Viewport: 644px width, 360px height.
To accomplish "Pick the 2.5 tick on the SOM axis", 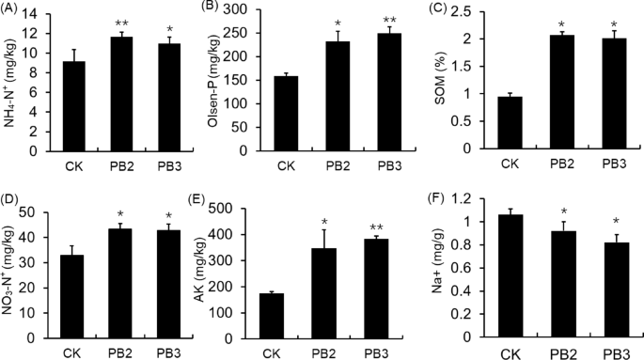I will point(467,9).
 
